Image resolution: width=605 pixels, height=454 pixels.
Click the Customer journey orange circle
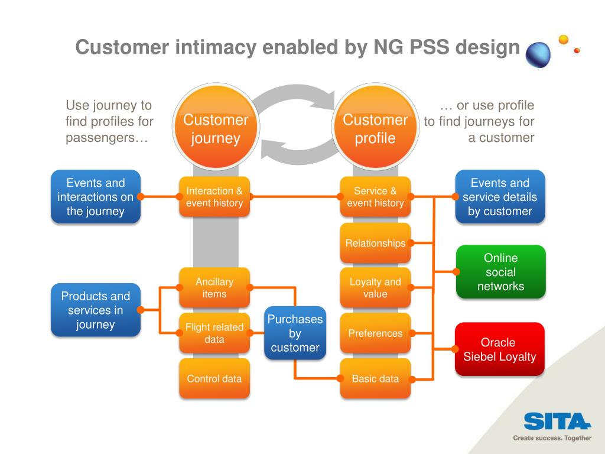pyautogui.click(x=216, y=127)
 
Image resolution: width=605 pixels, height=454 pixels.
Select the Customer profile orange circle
pyautogui.click(x=375, y=127)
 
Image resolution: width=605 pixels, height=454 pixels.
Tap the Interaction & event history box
pyautogui.click(x=214, y=196)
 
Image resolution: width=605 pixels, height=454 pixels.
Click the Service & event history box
pyautogui.click(x=375, y=196)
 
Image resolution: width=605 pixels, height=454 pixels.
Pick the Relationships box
pyautogui.click(x=375, y=243)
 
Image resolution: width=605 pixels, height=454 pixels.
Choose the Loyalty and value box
pyautogui.click(x=375, y=288)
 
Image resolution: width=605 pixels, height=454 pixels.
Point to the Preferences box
pyautogui.click(x=375, y=333)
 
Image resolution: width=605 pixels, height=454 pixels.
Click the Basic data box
pyautogui.click(x=375, y=378)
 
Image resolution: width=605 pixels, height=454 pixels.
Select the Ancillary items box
pyautogui.click(x=214, y=288)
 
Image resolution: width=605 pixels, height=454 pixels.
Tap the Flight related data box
pyautogui.click(x=214, y=333)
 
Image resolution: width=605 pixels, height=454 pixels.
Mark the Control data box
pyautogui.click(x=214, y=378)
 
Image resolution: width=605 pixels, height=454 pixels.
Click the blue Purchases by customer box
pyautogui.click(x=295, y=333)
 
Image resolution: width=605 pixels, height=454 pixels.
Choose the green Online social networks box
pyautogui.click(x=501, y=272)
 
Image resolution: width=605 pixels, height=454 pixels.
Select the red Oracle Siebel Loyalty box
pyautogui.click(x=500, y=349)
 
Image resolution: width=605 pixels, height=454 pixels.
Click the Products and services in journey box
pyautogui.click(x=96, y=310)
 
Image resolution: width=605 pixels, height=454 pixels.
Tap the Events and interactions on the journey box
pyautogui.click(x=96, y=196)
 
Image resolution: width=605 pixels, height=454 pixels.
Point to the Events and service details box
pyautogui.click(x=500, y=196)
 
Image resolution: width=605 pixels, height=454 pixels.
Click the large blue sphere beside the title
pyautogui.click(x=538, y=55)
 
